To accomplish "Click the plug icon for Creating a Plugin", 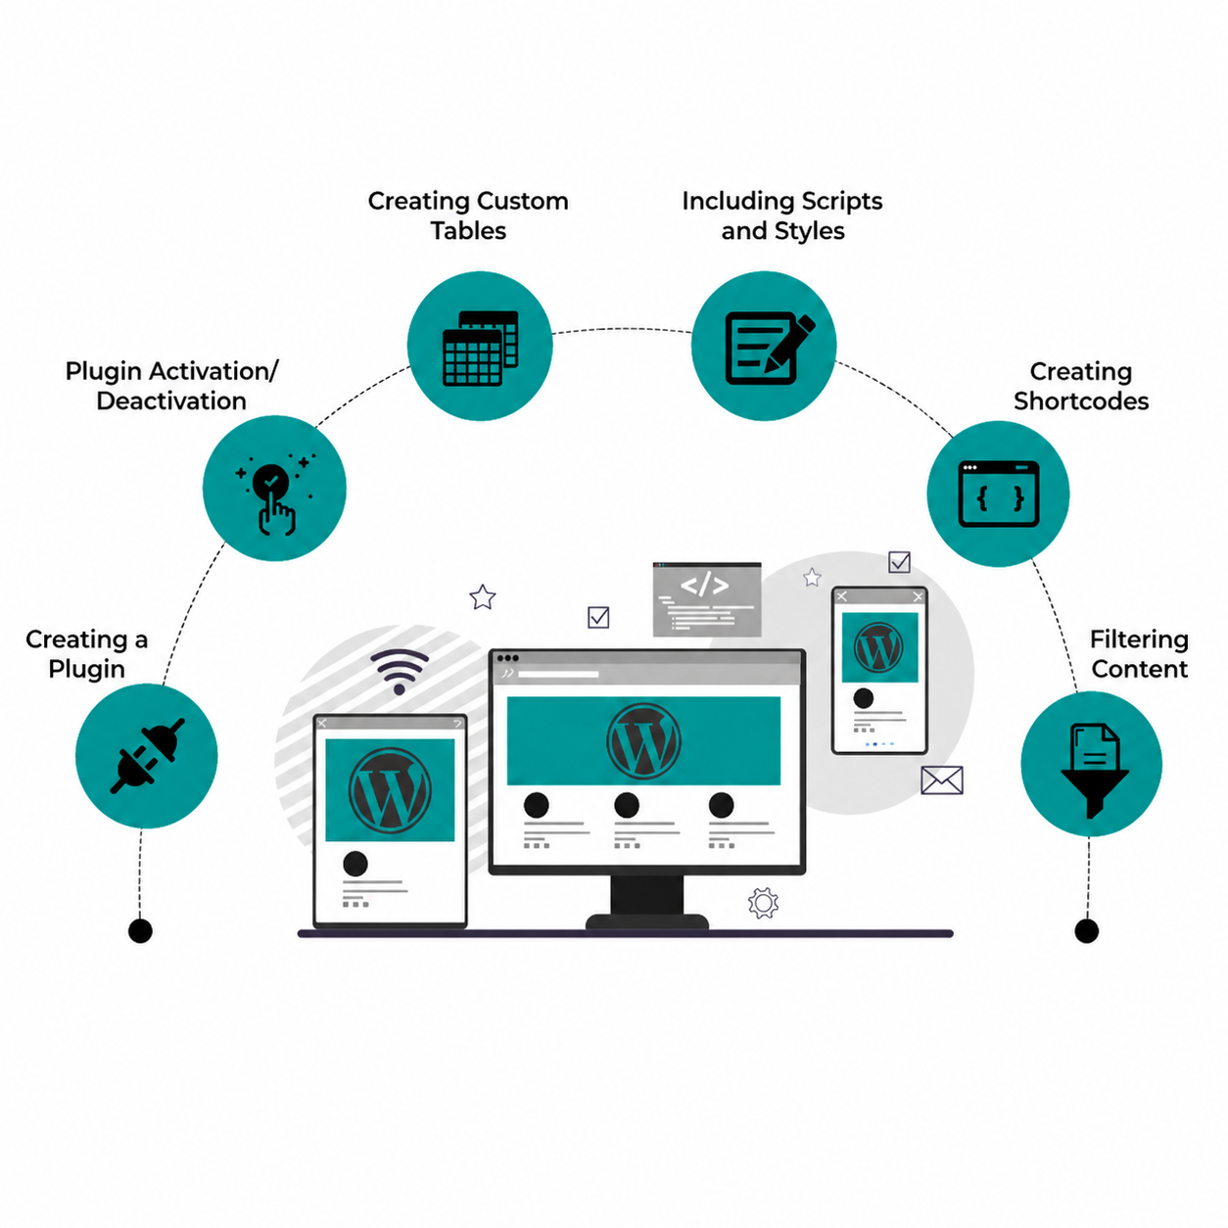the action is [147, 755].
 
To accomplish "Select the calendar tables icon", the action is [480, 348].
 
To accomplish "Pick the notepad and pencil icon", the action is [770, 348].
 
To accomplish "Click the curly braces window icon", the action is [999, 494].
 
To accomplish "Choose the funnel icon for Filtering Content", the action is [1094, 771].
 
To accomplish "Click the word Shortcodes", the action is [1081, 401].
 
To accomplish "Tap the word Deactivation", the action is [171, 401].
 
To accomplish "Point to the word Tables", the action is [468, 231].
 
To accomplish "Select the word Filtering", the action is [1139, 640].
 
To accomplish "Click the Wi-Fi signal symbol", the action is [400, 671].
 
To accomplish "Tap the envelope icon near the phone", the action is [941, 780].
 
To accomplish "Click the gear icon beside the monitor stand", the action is [763, 902].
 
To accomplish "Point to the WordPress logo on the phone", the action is [878, 647].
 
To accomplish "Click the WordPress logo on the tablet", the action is [390, 790].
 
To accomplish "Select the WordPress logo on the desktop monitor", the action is [643, 740].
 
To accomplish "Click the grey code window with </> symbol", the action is [707, 599].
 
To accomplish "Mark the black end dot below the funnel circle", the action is [1087, 931].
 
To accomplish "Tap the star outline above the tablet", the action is [483, 597].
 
